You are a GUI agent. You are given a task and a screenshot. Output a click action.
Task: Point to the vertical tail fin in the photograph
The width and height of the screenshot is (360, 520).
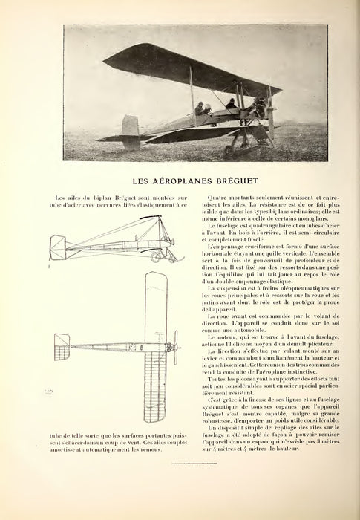[x=130, y=128]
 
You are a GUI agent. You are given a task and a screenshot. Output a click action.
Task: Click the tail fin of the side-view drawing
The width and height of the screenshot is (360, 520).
[x=56, y=246]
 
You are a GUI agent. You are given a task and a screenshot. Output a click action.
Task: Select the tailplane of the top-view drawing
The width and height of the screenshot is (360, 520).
[x=63, y=349]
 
